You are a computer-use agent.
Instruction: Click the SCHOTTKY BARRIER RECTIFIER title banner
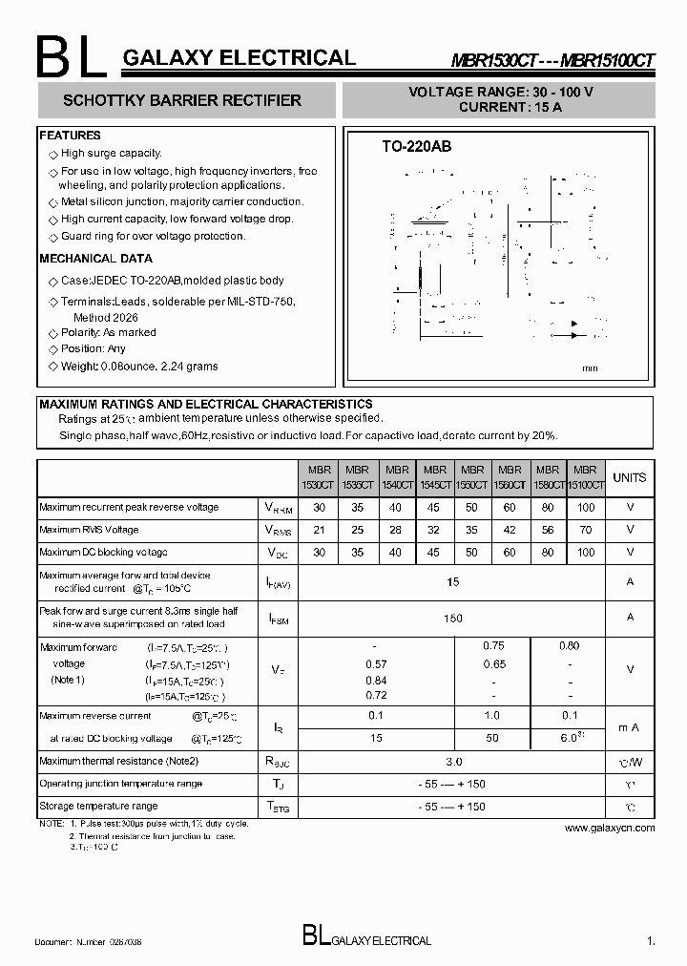coord(181,100)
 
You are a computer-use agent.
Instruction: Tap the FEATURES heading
coord(70,136)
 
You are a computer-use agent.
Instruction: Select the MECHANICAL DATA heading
coord(95,259)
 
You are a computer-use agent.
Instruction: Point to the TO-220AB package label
coord(416,147)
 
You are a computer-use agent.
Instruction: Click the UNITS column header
coord(629,477)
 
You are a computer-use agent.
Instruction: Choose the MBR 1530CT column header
coord(320,477)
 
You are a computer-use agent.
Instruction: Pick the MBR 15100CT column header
coord(585,477)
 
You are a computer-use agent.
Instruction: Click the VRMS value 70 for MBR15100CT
coord(585,529)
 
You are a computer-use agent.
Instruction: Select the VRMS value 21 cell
coord(320,529)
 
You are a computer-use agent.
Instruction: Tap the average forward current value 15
coord(453,581)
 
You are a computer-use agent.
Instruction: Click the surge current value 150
coord(453,618)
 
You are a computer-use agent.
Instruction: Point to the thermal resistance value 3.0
coord(453,762)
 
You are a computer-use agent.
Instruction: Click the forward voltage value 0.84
coord(376,681)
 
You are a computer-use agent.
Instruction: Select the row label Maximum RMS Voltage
coord(89,530)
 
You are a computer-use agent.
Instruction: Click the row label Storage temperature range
coord(98,807)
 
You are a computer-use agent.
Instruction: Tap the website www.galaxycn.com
coord(610,829)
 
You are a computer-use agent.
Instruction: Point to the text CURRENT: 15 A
coord(510,107)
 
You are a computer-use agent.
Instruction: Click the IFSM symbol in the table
coord(279,619)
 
